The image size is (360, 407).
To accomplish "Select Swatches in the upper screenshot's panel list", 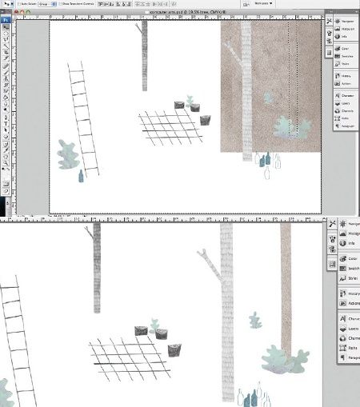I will point(345,56).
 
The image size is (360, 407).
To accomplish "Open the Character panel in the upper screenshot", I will point(345,94).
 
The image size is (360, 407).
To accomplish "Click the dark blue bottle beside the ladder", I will point(80,176).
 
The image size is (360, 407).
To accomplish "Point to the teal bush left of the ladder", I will point(68,154).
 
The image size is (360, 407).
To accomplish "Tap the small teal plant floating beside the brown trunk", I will point(256,321).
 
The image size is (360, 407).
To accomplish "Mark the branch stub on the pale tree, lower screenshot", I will point(206,256).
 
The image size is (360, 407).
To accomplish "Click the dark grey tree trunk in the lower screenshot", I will point(97,268).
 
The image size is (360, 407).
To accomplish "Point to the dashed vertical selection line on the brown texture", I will point(297,72).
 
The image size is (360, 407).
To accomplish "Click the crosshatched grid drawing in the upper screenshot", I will point(169,127).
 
